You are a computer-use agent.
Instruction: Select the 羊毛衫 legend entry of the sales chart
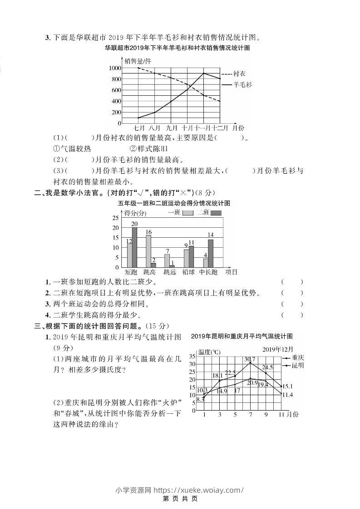242,84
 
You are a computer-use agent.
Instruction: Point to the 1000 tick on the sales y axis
115,68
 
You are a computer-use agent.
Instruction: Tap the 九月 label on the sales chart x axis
172,128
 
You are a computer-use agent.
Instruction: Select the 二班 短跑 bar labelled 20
134,247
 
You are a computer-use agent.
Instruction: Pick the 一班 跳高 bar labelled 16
148,251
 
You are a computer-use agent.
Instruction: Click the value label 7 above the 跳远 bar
167,251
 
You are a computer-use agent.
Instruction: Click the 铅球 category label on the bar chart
188,272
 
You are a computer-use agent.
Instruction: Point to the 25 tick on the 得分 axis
115,218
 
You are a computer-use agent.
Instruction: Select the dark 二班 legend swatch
216,213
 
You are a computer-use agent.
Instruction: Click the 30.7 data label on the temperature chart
250,359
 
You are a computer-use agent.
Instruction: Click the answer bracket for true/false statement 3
292,304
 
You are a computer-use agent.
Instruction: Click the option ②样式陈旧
149,148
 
